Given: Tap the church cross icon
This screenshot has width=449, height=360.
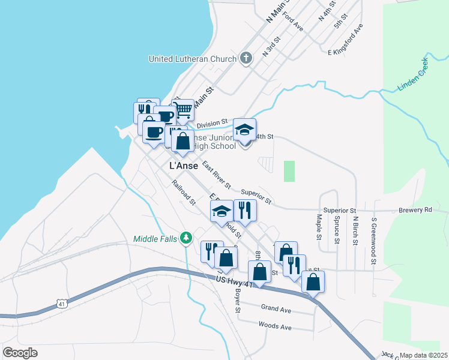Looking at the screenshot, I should click(245, 58).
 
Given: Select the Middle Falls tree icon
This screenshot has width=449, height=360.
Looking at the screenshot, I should click(187, 238).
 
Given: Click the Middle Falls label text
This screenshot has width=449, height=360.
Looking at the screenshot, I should click(155, 239).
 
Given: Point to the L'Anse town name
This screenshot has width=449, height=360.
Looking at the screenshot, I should click(184, 166).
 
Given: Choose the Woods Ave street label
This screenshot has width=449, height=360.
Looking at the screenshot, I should click(274, 327).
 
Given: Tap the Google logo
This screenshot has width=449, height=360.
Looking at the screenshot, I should click(20, 353).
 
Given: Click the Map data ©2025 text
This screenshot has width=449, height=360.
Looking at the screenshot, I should click(423, 355).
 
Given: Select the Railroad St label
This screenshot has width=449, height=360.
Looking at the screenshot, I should click(184, 192).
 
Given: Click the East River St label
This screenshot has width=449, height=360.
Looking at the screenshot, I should click(217, 176).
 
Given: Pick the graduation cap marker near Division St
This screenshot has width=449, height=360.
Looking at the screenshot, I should click(244, 131).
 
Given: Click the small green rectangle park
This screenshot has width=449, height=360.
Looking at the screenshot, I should click(289, 171).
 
